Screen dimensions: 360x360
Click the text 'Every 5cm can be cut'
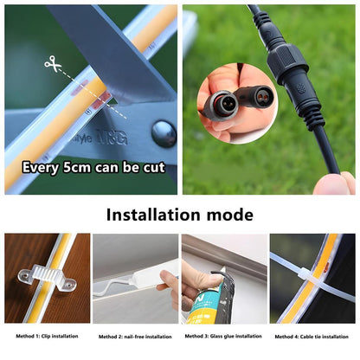(90, 167)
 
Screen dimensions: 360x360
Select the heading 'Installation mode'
(180, 214)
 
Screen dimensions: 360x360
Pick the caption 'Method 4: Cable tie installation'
(313, 336)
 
